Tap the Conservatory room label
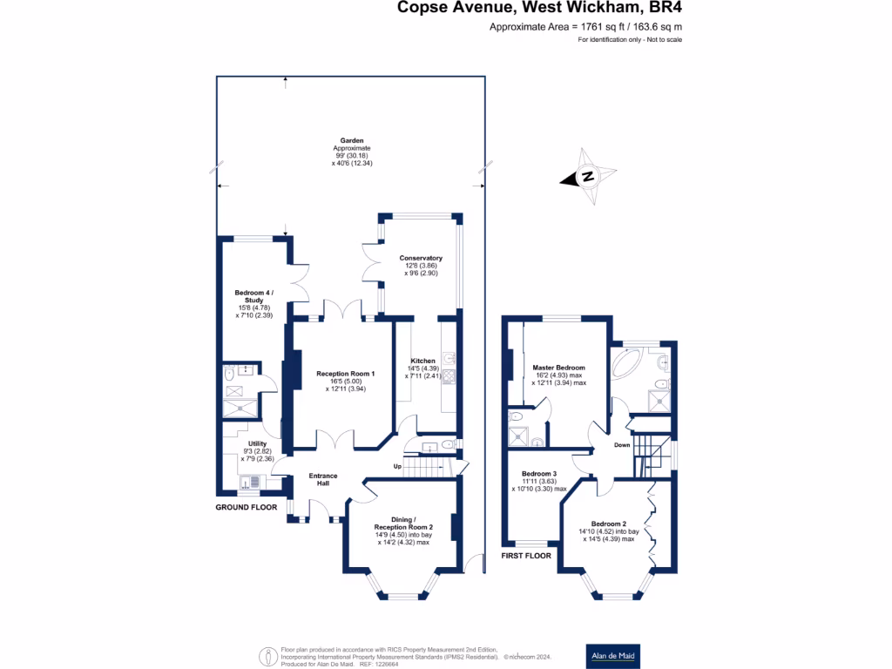[x=421, y=258]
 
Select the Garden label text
[x=352, y=140]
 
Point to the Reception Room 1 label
[x=345, y=374]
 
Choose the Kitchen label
[x=422, y=361]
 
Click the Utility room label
[x=257, y=443]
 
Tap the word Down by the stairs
[x=622, y=444]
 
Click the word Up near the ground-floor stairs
[x=398, y=466]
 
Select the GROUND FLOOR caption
[x=246, y=506]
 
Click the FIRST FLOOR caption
[x=526, y=555]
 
